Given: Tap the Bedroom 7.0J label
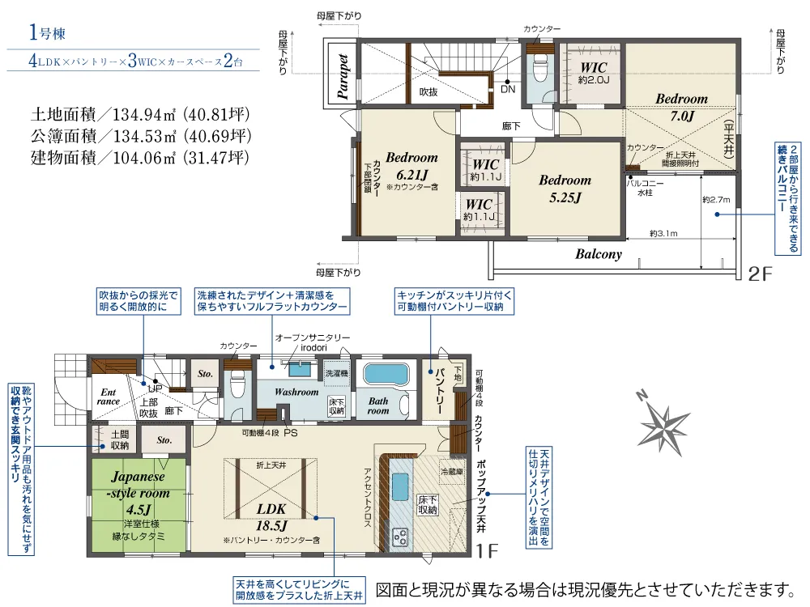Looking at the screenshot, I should point(681,107).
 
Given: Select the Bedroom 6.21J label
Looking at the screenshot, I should point(411,166).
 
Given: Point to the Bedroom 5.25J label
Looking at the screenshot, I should point(565,188).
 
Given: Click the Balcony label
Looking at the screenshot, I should point(599,254).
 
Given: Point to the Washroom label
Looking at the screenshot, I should point(296,392).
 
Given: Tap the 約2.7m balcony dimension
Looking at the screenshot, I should point(716,199).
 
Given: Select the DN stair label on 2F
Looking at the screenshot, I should point(508,90).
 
